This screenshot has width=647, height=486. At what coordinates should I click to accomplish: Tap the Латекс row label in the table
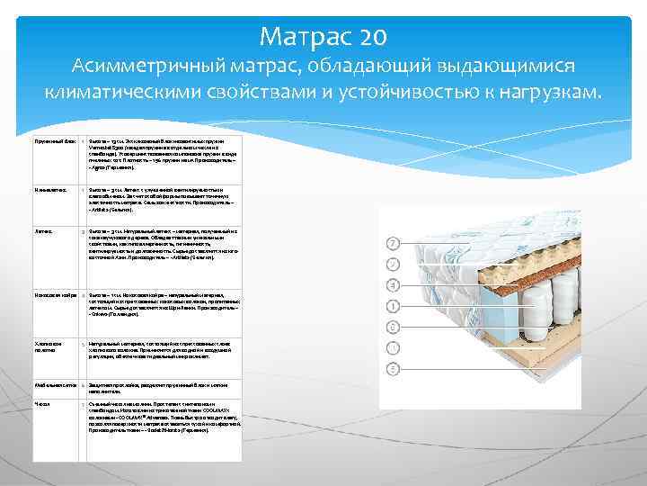coord(41,230)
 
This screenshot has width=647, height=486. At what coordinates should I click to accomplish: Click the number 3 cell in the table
coord(82,230)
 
